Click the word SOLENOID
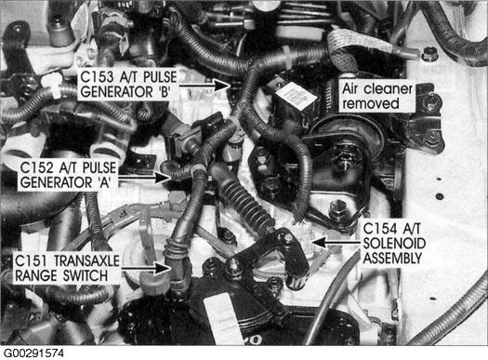pyautogui.click(x=394, y=243)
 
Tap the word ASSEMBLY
pyautogui.click(x=393, y=258)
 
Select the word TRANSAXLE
pyautogui.click(x=86, y=260)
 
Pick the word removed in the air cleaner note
pyautogui.click(x=371, y=103)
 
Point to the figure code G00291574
pyautogui.click(x=33, y=353)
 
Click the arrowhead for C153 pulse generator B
pyautogui.click(x=221, y=85)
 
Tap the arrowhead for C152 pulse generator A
pyautogui.click(x=163, y=178)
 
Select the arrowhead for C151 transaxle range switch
pyautogui.click(x=163, y=269)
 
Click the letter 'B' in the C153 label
pyautogui.click(x=164, y=92)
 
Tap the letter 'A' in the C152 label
pyautogui.click(x=104, y=182)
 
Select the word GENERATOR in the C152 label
pyautogui.click(x=57, y=182)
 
